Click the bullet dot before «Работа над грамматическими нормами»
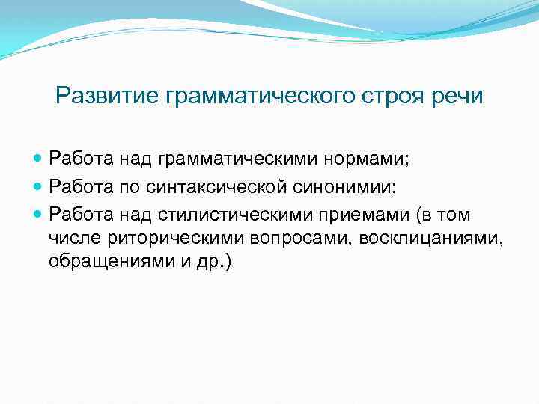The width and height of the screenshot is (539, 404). click(38, 159)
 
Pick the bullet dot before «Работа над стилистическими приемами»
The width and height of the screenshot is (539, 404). click(38, 216)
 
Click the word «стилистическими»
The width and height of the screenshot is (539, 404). click(229, 216)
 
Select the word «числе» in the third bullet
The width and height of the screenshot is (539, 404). click(70, 239)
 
